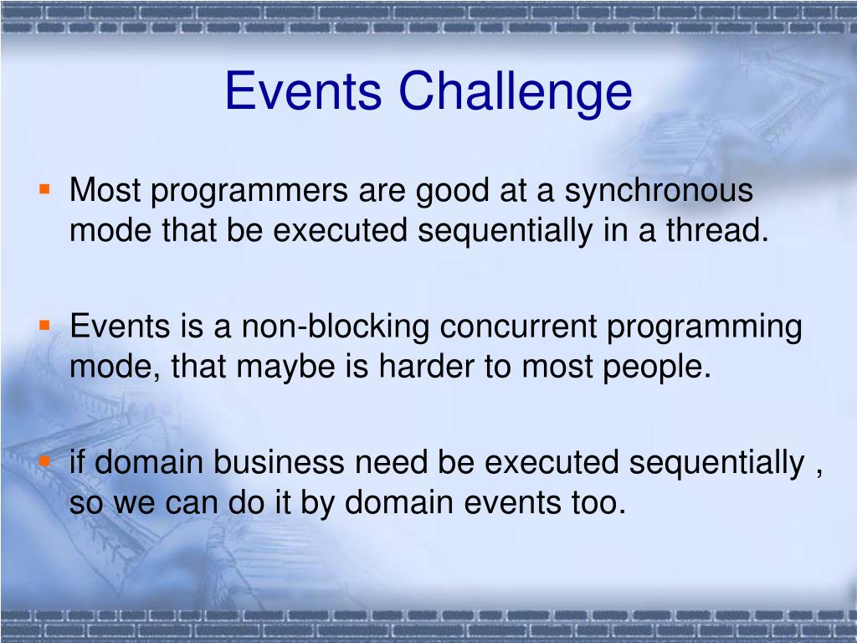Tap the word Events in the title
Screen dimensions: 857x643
pyautogui.click(x=303, y=90)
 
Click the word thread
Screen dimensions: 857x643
pyautogui.click(x=717, y=229)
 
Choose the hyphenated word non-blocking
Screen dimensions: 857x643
pyautogui.click(x=335, y=328)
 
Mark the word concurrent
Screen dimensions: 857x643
pyautogui.click(x=518, y=327)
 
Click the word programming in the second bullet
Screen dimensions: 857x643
pyautogui.click(x=705, y=328)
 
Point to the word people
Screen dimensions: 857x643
pyautogui.click(x=657, y=368)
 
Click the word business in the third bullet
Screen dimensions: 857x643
pyautogui.click(x=279, y=461)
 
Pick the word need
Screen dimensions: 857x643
pyautogui.click(x=392, y=461)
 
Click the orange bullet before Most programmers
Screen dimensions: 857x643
pyautogui.click(x=45, y=190)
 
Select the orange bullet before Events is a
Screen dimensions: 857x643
pyautogui.click(x=45, y=326)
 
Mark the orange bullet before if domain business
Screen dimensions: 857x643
pyautogui.click(x=45, y=461)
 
